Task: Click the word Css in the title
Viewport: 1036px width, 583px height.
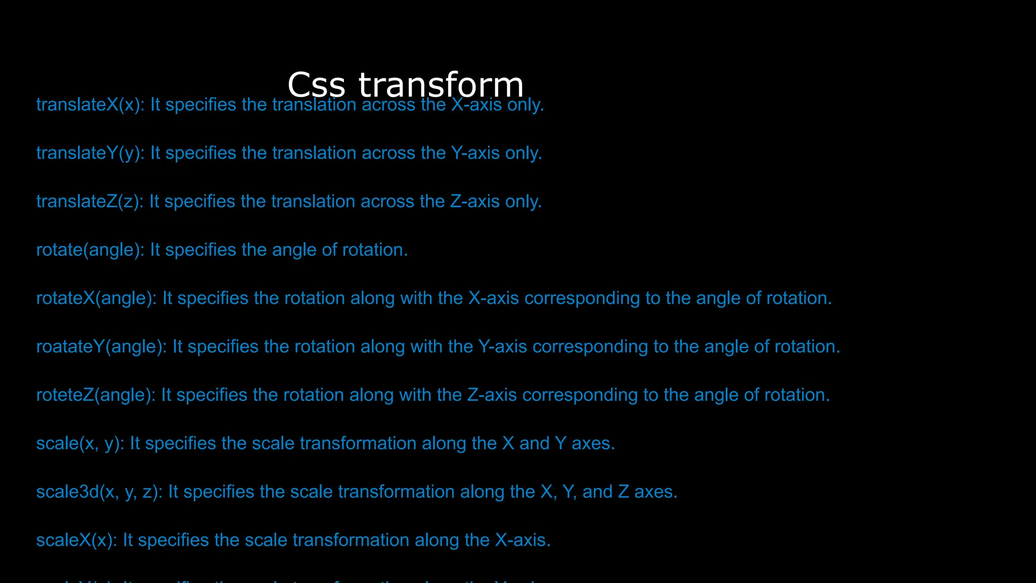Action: pyautogui.click(x=316, y=85)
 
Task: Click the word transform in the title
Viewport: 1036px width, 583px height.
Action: pyautogui.click(x=441, y=85)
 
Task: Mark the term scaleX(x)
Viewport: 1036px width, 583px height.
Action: pyautogui.click(x=76, y=540)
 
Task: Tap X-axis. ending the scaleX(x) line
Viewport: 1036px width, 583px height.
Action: pyautogui.click(x=523, y=540)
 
